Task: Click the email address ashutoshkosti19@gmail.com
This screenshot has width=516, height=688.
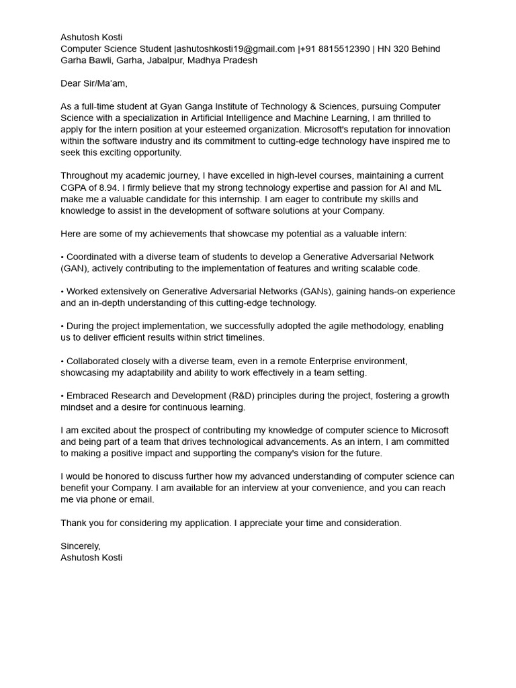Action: click(235, 49)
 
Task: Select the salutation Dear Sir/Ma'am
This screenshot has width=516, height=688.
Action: click(93, 83)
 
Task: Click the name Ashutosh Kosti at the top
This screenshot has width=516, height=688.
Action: click(91, 38)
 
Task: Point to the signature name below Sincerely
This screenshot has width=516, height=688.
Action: click(91, 558)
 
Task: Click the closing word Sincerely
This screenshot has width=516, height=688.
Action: click(80, 546)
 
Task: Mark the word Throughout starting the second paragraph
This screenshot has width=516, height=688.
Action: click(85, 176)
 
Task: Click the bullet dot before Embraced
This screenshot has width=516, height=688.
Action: click(62, 396)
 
